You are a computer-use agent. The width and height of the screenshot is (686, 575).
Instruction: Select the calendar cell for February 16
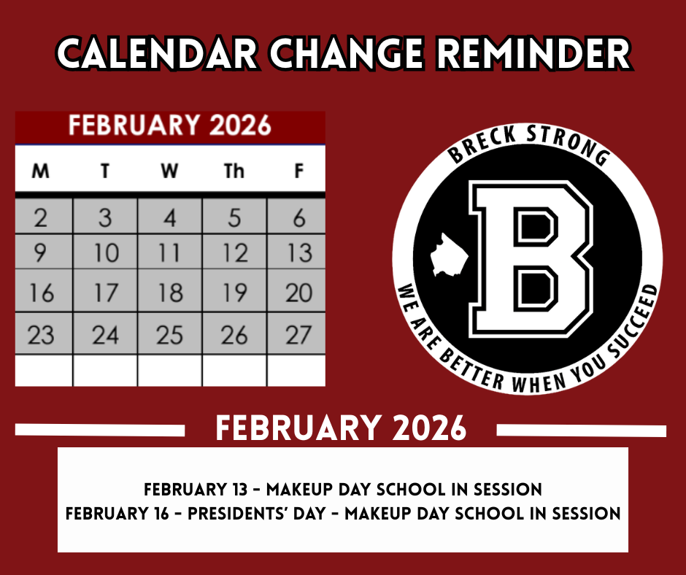click(x=44, y=290)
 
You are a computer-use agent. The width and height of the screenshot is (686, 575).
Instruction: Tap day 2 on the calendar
click(x=44, y=216)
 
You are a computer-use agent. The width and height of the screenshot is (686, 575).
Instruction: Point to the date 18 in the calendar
click(x=170, y=290)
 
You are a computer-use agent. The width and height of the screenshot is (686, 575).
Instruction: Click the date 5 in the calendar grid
click(x=234, y=216)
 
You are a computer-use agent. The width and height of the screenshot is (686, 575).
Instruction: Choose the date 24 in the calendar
click(x=105, y=333)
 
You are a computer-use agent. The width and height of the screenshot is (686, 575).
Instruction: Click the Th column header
click(x=234, y=171)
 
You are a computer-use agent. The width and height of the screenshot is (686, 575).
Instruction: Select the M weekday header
click(x=41, y=171)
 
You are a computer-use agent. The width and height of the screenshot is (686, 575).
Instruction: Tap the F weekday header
click(x=298, y=171)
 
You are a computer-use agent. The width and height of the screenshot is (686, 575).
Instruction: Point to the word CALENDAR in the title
click(x=157, y=54)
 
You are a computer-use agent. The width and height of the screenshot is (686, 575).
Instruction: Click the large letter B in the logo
click(x=531, y=259)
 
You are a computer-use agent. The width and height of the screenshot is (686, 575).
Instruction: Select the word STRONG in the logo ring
click(x=568, y=143)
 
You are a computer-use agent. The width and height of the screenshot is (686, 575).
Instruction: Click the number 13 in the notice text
click(x=239, y=489)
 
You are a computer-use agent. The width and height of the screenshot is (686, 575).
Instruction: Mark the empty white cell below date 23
click(x=44, y=370)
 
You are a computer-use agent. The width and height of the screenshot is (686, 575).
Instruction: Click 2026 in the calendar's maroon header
click(x=240, y=126)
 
